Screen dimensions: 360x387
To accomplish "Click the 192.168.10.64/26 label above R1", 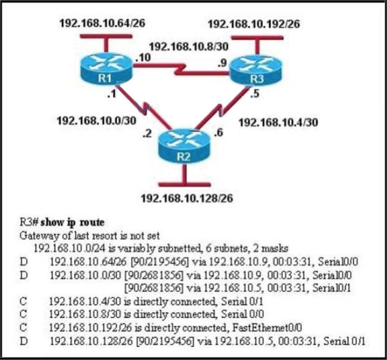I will (102, 23).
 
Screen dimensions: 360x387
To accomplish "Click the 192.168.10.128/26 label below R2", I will (186, 198).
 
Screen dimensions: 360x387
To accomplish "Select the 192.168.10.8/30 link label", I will (182, 47).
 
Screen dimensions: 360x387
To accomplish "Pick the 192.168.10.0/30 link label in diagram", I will (96, 120).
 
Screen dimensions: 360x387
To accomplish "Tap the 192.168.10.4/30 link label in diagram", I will (278, 122).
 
